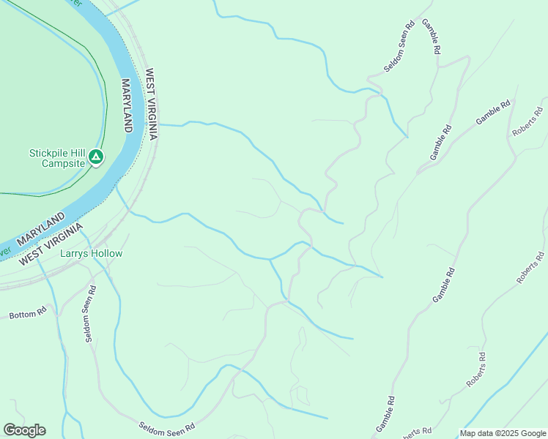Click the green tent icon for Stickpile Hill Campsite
[x=95, y=157]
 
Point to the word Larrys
[x=74, y=254]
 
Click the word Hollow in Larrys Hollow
[x=107, y=254]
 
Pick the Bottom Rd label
[x=28, y=314]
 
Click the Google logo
[x=24, y=430]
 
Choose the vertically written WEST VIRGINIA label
[x=151, y=105]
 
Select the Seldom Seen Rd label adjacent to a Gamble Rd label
[x=400, y=47]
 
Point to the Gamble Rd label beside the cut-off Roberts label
[x=386, y=413]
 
